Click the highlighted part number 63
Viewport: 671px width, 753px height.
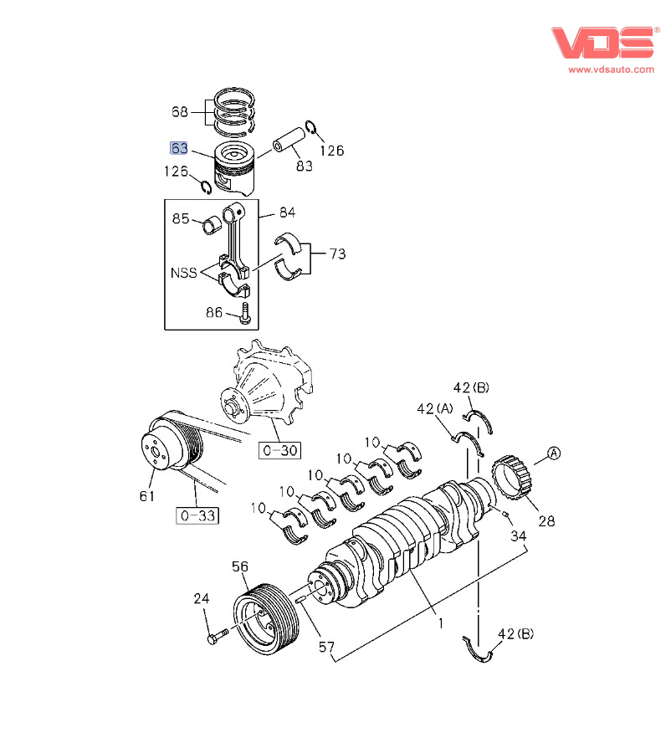pyautogui.click(x=179, y=149)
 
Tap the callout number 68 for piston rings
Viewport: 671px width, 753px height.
pyautogui.click(x=180, y=111)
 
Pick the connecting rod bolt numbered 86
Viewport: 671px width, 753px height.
pyautogui.click(x=243, y=314)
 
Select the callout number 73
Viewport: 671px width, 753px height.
pyautogui.click(x=335, y=254)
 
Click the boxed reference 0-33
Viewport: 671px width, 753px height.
pyautogui.click(x=197, y=515)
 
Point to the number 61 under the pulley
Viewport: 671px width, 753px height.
pyautogui.click(x=147, y=497)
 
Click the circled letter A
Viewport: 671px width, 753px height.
pyautogui.click(x=554, y=454)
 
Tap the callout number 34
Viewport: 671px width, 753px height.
pyautogui.click(x=519, y=535)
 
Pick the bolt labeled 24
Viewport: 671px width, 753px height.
pyautogui.click(x=213, y=638)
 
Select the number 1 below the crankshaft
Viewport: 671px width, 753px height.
pyautogui.click(x=440, y=623)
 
